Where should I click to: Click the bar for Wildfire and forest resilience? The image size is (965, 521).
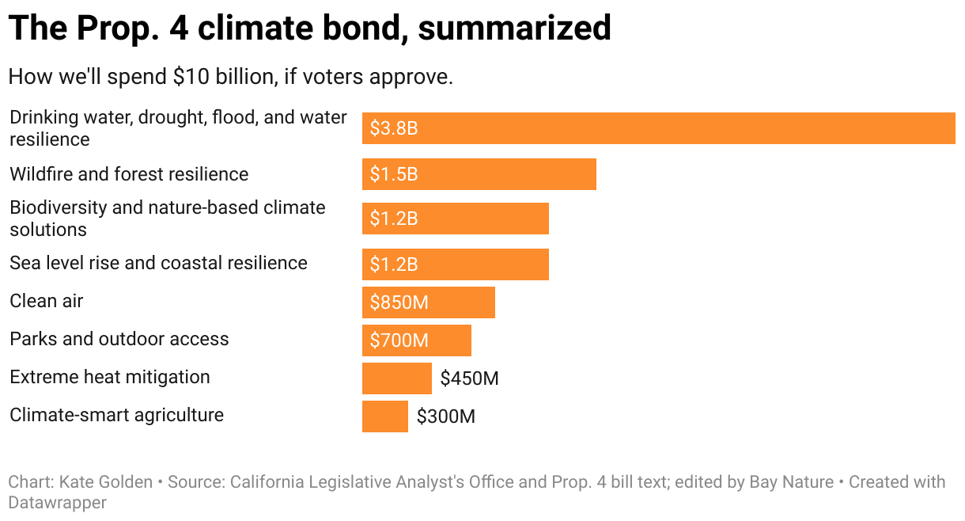(x=479, y=174)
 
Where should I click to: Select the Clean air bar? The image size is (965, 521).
(x=428, y=302)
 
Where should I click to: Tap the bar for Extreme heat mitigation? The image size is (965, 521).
(x=396, y=378)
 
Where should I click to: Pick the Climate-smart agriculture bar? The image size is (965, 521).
(x=384, y=416)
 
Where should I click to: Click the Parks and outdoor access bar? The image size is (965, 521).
(x=416, y=340)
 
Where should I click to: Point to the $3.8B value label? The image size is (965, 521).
(x=394, y=128)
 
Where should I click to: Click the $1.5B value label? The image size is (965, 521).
(x=394, y=174)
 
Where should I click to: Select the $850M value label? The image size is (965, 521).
(x=399, y=302)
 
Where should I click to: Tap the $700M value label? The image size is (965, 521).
(x=399, y=340)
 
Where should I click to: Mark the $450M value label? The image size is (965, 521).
(x=469, y=378)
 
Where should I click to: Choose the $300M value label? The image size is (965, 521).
(x=446, y=416)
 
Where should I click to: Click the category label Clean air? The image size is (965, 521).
(x=46, y=301)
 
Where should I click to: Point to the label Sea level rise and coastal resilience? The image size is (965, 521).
(x=158, y=263)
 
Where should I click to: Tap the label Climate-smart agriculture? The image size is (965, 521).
(x=116, y=415)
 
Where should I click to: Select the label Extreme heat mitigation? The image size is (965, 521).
(x=110, y=377)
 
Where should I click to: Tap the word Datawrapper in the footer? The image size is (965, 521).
(x=58, y=502)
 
